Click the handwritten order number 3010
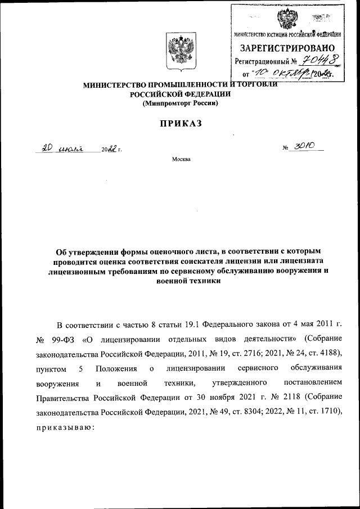305,147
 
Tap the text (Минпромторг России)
179,103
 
